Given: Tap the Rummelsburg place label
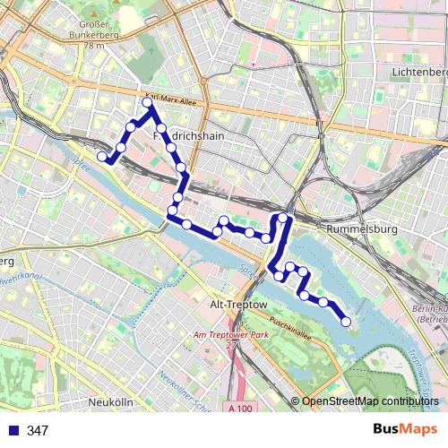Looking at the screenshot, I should [x=362, y=229].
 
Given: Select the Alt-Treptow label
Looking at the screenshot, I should [x=237, y=305].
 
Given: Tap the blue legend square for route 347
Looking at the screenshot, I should [x=13, y=430].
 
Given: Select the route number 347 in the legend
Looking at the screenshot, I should [x=38, y=431].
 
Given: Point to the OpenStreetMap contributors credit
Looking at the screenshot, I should [x=370, y=401].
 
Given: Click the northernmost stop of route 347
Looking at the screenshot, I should [x=148, y=103].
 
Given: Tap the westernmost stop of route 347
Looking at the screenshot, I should [x=102, y=157].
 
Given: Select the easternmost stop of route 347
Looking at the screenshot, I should [x=346, y=321].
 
